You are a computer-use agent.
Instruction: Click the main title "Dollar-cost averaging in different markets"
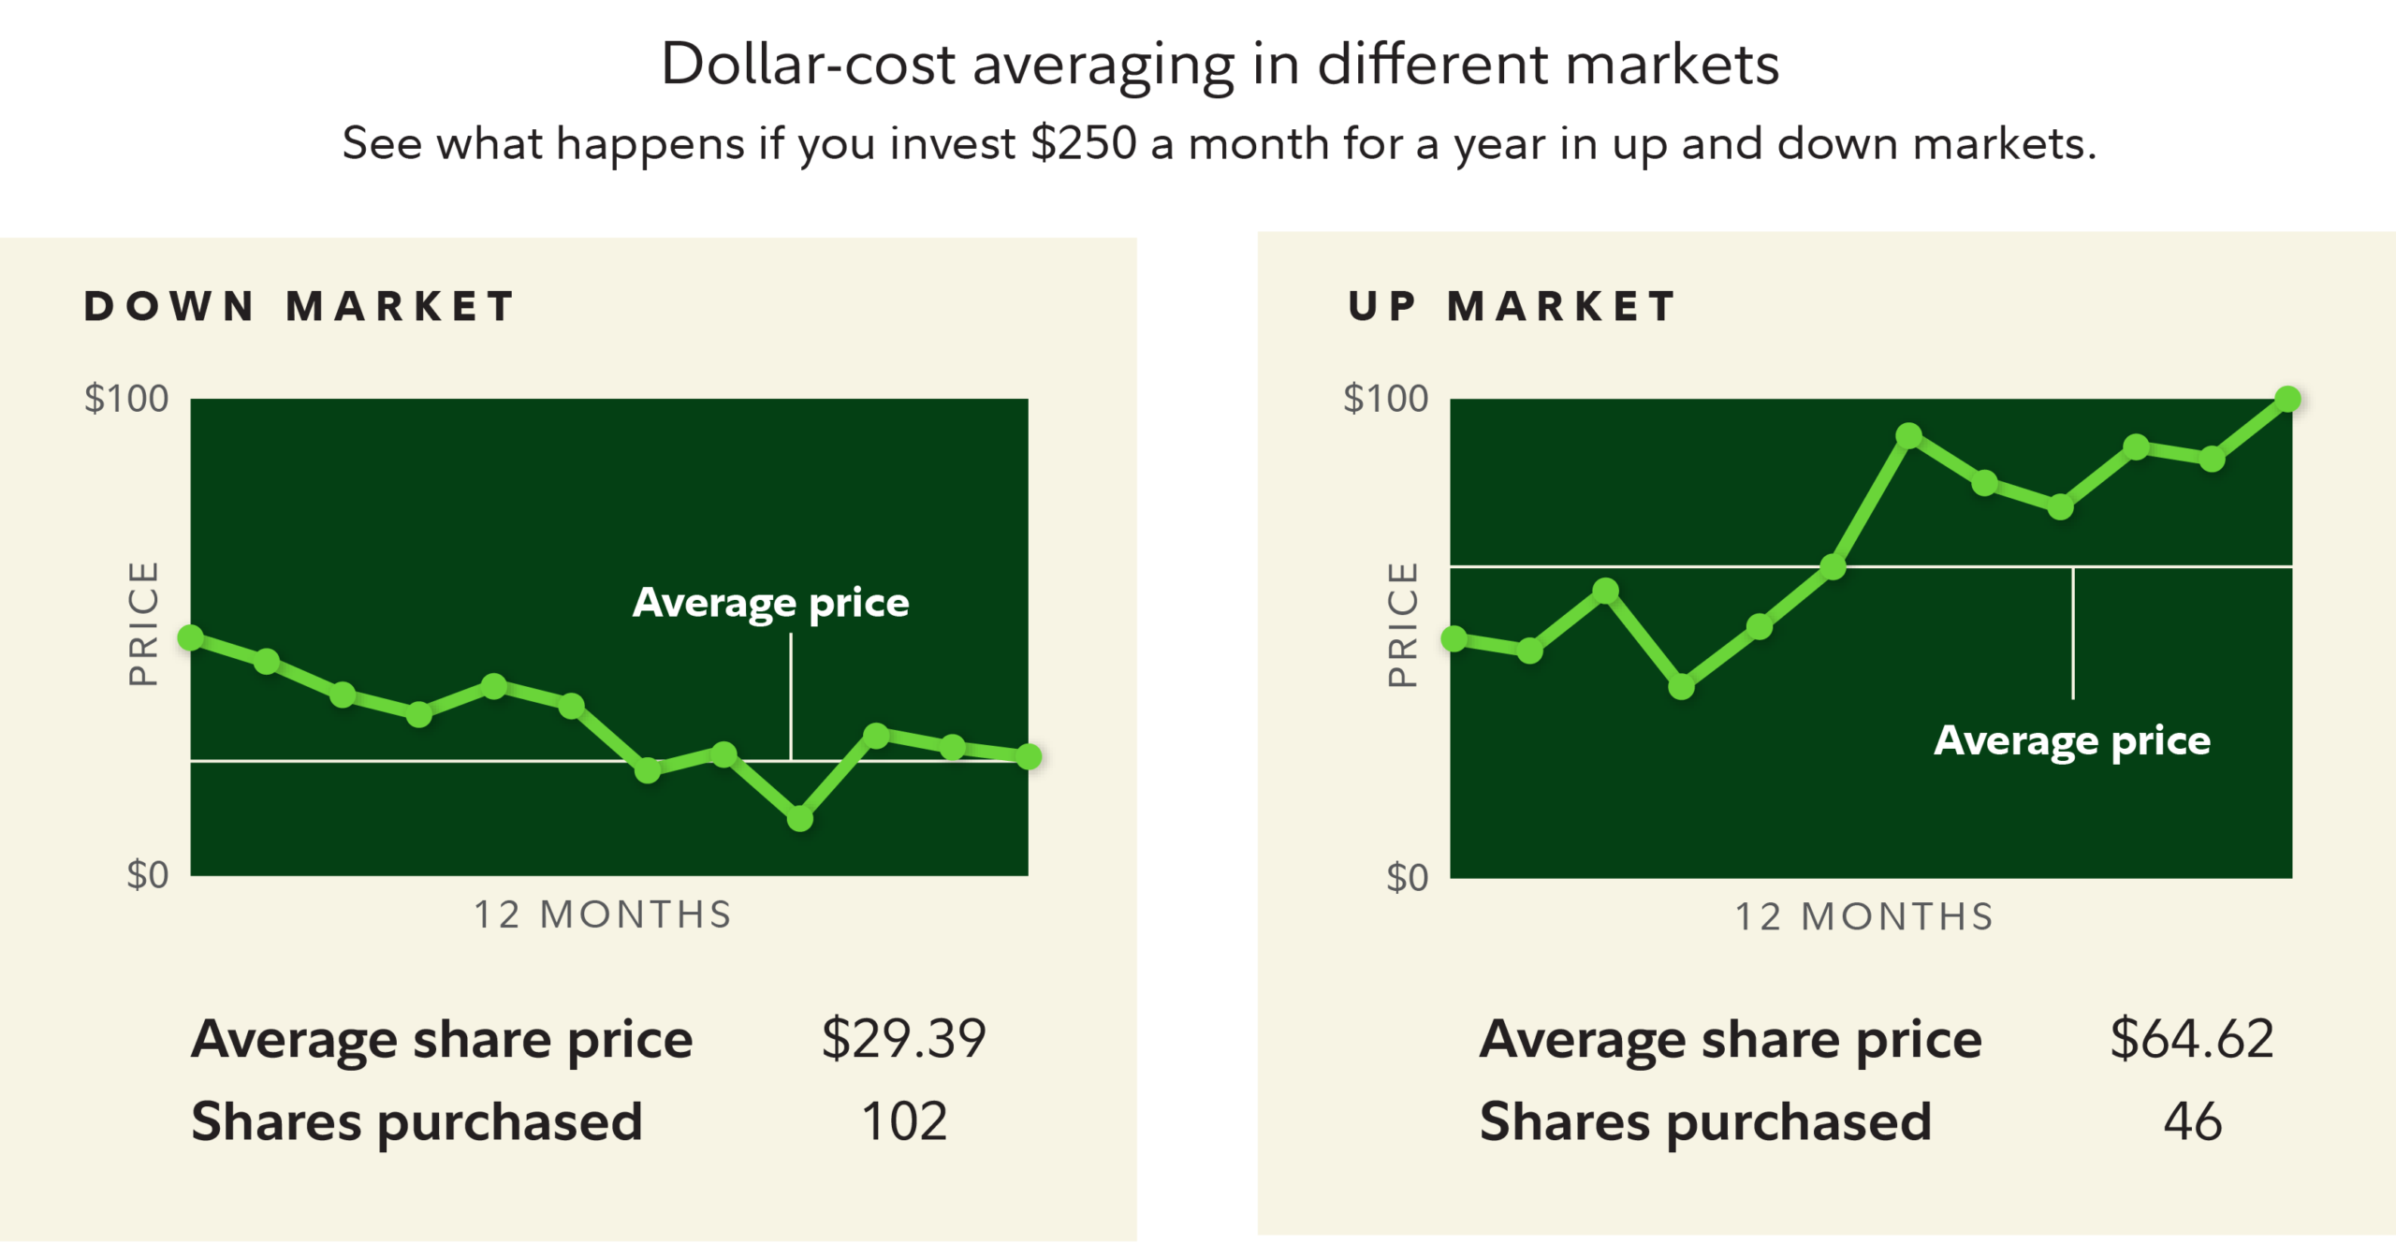1219,66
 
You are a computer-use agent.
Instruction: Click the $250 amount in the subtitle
1083,144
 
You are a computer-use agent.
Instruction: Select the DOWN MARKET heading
299,307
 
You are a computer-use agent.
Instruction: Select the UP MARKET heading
1512,307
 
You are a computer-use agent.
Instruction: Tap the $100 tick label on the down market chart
126,399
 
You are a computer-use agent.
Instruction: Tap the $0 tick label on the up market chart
1407,878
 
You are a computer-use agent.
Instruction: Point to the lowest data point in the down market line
799,819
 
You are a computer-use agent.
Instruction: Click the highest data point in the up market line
2286,400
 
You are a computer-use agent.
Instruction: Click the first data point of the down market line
191,638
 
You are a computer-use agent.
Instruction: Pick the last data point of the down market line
1028,756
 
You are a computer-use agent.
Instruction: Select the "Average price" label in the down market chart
770,603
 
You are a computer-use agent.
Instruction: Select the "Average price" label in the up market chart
2071,741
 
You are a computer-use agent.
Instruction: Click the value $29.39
903,1039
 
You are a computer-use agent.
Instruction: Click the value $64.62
2191,1039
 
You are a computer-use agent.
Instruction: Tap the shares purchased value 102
903,1121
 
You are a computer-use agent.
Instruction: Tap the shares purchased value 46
2191,1121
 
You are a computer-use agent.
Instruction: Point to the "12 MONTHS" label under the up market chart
1863,917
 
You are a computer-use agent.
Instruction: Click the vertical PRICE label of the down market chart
144,623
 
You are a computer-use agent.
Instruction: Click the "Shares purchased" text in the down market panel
416,1122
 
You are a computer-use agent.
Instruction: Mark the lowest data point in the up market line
1681,687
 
